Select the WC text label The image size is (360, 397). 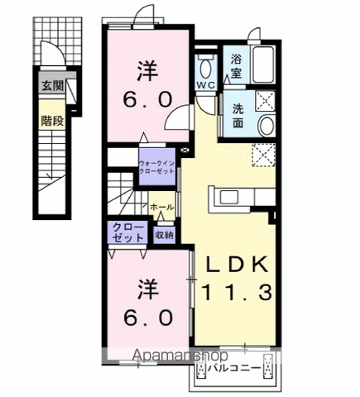tap(205, 85)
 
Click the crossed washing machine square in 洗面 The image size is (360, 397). tap(265, 101)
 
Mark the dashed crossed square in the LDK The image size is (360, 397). tap(262, 155)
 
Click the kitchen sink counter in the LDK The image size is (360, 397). tap(240, 196)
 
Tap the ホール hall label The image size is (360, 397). tap(162, 206)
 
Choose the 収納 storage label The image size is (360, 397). tap(165, 235)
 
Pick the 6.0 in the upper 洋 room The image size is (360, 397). tap(148, 98)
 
